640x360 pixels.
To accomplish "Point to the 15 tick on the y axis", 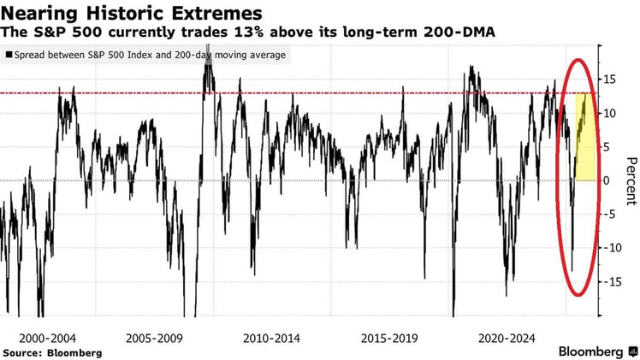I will click(x=607, y=80).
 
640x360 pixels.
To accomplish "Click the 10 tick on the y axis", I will click(x=607, y=113).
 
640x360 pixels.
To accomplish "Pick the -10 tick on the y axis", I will click(x=608, y=247).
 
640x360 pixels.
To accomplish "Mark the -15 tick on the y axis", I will click(x=608, y=281).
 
